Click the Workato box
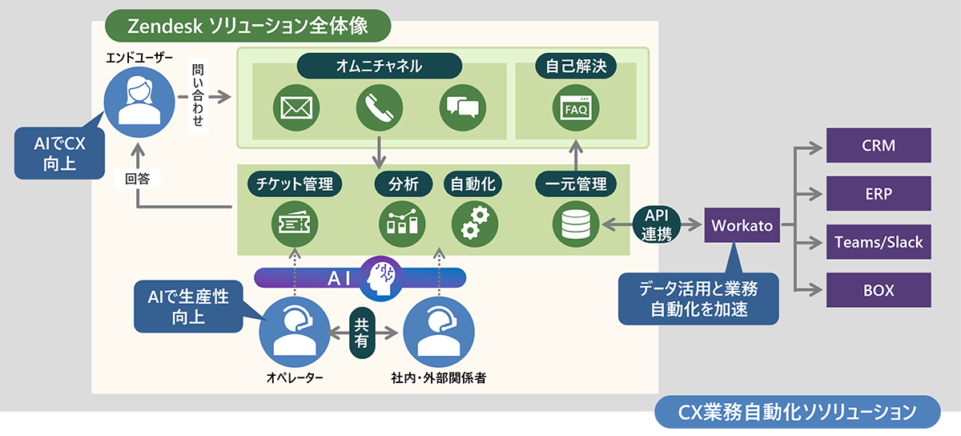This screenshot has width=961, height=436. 742,225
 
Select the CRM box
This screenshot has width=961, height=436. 879,145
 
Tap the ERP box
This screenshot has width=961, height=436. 879,193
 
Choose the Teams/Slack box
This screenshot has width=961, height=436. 879,242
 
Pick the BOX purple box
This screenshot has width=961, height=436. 879,290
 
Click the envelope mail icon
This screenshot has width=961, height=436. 296,108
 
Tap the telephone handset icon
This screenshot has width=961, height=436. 380,108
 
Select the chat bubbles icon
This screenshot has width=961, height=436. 463,108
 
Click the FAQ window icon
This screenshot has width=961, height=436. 576,108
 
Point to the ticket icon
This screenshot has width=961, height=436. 295,224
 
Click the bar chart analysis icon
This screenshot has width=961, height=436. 402,224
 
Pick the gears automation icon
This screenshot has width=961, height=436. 474,224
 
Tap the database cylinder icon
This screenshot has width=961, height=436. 576,224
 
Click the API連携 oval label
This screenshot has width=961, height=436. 657,224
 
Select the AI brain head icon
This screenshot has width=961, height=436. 380,278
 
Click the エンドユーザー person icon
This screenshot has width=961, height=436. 139,103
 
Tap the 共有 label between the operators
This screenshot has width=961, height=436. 362,333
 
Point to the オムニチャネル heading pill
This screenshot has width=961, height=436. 380,66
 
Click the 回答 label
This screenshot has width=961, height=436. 137,179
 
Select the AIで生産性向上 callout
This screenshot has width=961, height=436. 188,306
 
